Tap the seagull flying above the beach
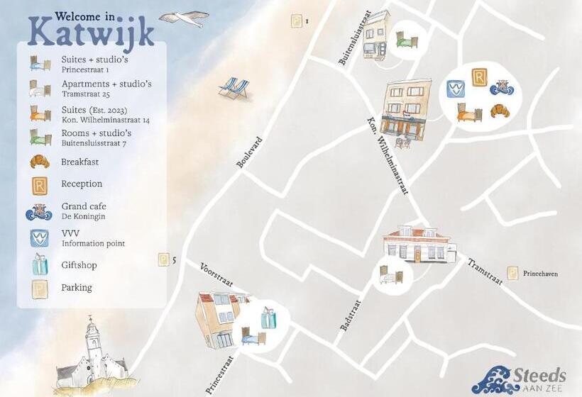[183, 18]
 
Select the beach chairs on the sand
[234, 89]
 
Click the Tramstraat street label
[485, 272]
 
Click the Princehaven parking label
[542, 273]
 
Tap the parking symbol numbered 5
[163, 260]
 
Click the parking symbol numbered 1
[296, 21]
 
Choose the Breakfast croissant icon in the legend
[40, 162]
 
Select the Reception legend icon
[40, 185]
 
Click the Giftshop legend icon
[40, 264]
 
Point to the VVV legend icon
[40, 237]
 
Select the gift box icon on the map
[268, 318]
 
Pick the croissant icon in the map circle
[500, 111]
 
